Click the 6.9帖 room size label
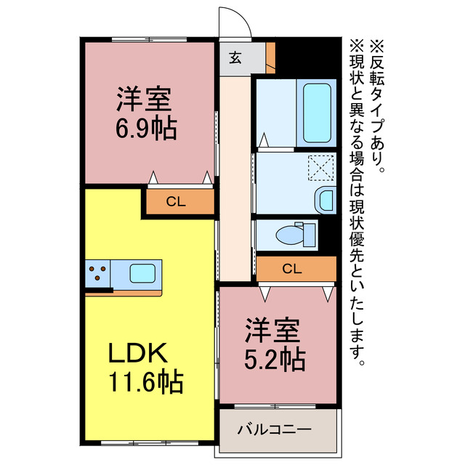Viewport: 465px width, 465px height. [x=145, y=129]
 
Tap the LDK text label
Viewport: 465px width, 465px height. [x=139, y=354]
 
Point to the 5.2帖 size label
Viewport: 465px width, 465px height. [x=274, y=357]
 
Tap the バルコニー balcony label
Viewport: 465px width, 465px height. [x=275, y=429]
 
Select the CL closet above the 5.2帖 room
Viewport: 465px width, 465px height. [x=292, y=269]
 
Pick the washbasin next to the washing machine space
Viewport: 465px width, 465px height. [x=326, y=198]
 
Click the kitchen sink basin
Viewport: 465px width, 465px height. [x=142, y=274]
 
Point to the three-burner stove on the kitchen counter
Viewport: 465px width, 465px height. [x=97, y=274]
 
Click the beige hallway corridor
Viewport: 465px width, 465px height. [x=234, y=182]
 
